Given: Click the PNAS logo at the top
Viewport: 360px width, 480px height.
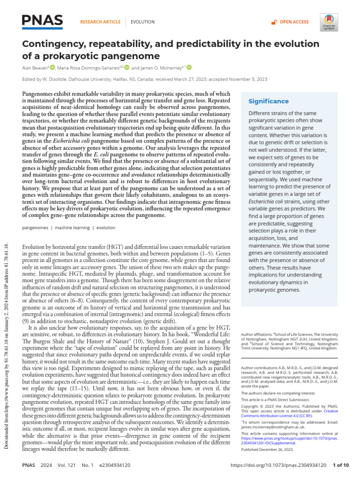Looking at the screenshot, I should [42, 21].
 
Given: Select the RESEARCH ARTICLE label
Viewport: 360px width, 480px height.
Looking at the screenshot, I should [100, 22].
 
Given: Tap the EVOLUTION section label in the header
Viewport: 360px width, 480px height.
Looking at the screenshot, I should [143, 22].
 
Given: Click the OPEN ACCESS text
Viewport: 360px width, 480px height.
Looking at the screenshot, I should [294, 22].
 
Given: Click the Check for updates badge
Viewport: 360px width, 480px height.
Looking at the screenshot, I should [328, 22].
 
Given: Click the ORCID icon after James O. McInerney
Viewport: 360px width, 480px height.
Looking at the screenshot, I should [189, 68].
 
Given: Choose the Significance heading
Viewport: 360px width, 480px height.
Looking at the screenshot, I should [269, 101].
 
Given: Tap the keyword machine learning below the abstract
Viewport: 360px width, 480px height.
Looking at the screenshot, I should [73, 227].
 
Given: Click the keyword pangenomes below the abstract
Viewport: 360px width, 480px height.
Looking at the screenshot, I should [37, 227].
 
